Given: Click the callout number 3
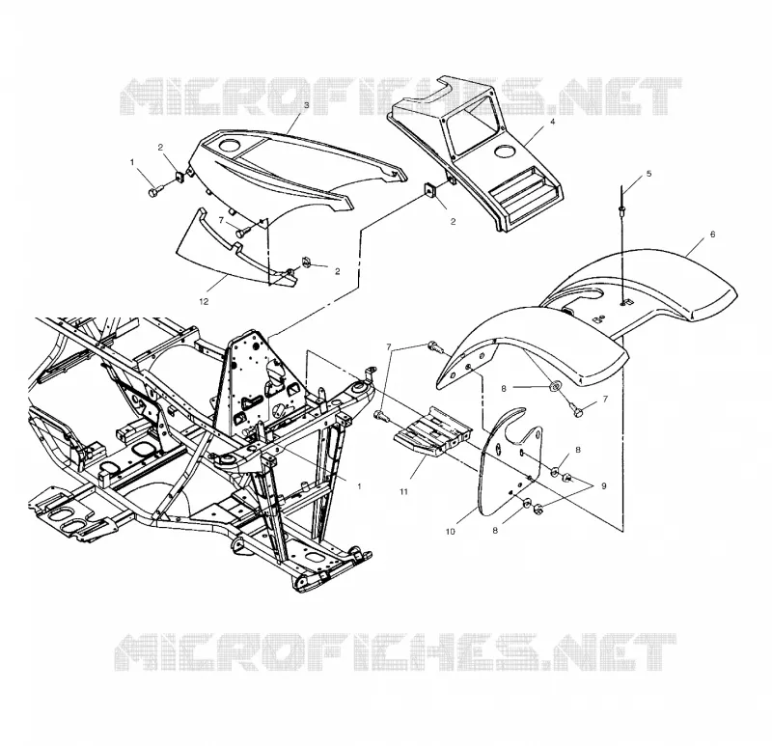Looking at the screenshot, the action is click(306, 105).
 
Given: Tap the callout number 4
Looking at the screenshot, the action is click(552, 122).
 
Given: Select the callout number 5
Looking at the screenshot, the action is click(648, 174).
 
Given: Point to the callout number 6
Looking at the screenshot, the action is click(712, 235).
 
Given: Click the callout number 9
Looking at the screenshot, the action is click(604, 486).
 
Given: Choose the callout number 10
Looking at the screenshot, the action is click(451, 532).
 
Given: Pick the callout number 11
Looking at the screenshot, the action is click(403, 491).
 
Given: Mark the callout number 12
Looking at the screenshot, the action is click(204, 301).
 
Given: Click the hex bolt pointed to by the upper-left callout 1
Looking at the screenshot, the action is click(153, 192).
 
